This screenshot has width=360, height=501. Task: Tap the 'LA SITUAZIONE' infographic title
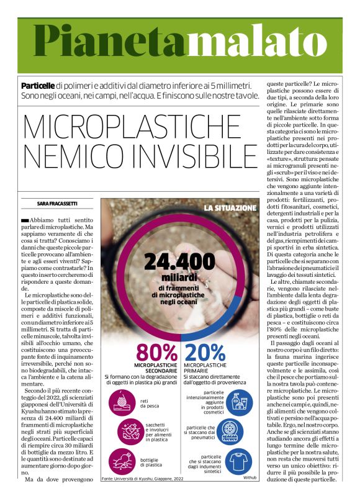[230, 207]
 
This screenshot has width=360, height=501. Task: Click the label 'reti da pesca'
[148, 404]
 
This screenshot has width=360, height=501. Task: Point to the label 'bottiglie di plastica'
[153, 462]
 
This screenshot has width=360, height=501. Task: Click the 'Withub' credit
[250, 477]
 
